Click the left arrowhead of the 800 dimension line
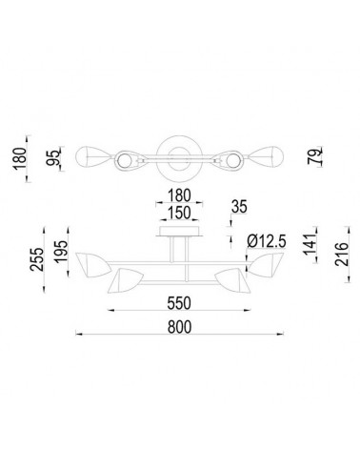(x=79, y=337)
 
